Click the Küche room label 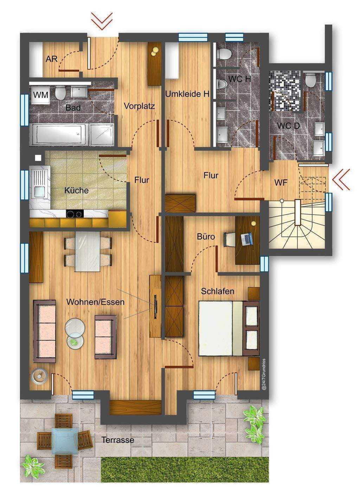coord(76,191)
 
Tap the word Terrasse coord(118,440)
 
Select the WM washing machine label coord(41,95)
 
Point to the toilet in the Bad coord(60,93)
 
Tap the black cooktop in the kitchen coord(75,214)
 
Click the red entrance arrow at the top coord(102,21)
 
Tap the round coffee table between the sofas coord(75,327)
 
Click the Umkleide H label coord(187,94)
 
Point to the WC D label coord(288,126)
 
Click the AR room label coord(52,59)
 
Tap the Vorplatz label coord(139,106)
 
